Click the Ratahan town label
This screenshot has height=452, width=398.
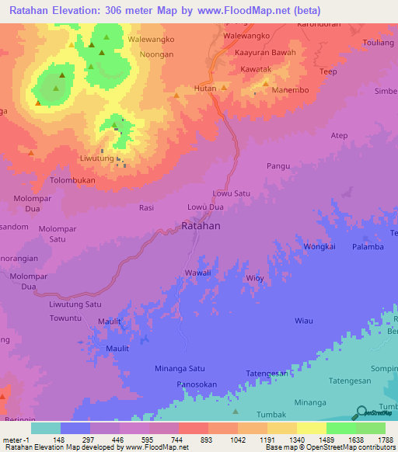click(201, 226)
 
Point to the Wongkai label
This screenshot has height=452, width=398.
click(319, 247)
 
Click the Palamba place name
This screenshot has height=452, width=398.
click(368, 247)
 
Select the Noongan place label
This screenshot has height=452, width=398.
click(156, 54)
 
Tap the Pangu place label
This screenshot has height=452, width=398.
click(278, 166)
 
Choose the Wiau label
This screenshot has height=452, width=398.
click(303, 321)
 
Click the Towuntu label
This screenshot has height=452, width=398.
click(65, 318)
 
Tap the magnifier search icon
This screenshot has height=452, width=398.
click(361, 413)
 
